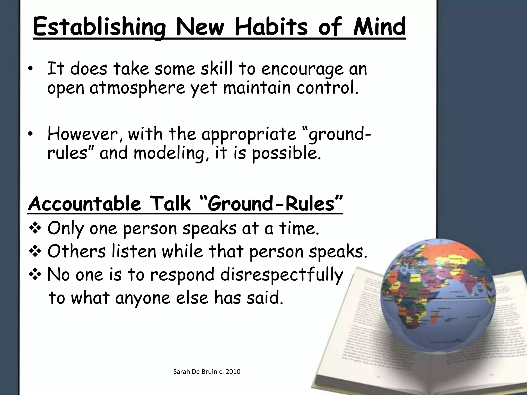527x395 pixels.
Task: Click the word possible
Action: coord(286,154)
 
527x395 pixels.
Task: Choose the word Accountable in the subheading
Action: coord(84,204)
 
